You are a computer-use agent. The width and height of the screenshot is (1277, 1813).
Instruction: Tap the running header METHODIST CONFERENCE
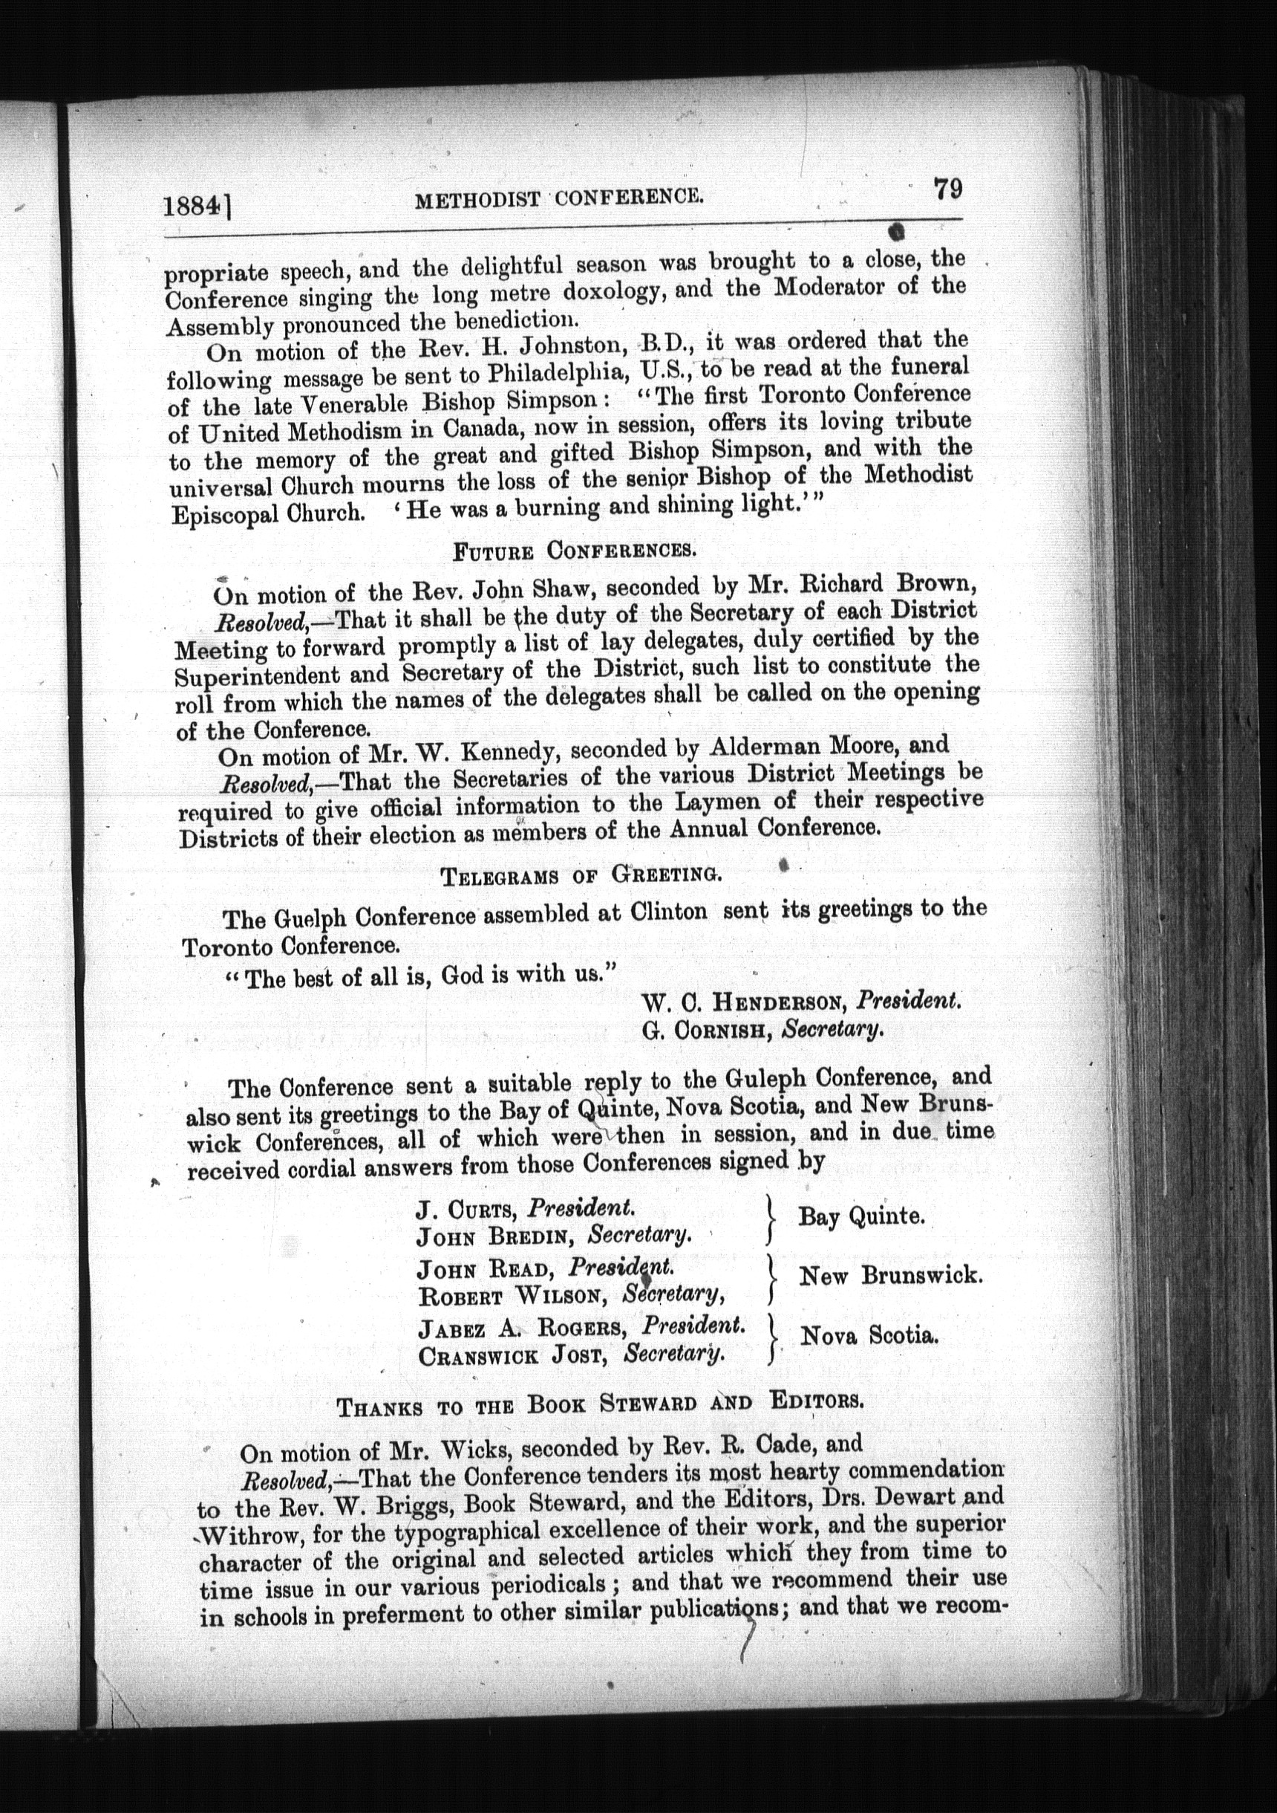tap(559, 198)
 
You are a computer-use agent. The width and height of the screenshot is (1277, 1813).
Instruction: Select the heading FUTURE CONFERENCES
tap(574, 551)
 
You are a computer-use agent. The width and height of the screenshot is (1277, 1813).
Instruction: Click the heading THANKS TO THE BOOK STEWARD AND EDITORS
tap(600, 1404)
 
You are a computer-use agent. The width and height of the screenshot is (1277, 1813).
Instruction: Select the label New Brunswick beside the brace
tap(890, 1275)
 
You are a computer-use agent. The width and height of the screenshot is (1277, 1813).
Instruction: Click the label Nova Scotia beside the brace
tap(869, 1335)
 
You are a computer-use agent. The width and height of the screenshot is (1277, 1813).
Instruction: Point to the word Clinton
tap(668, 911)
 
